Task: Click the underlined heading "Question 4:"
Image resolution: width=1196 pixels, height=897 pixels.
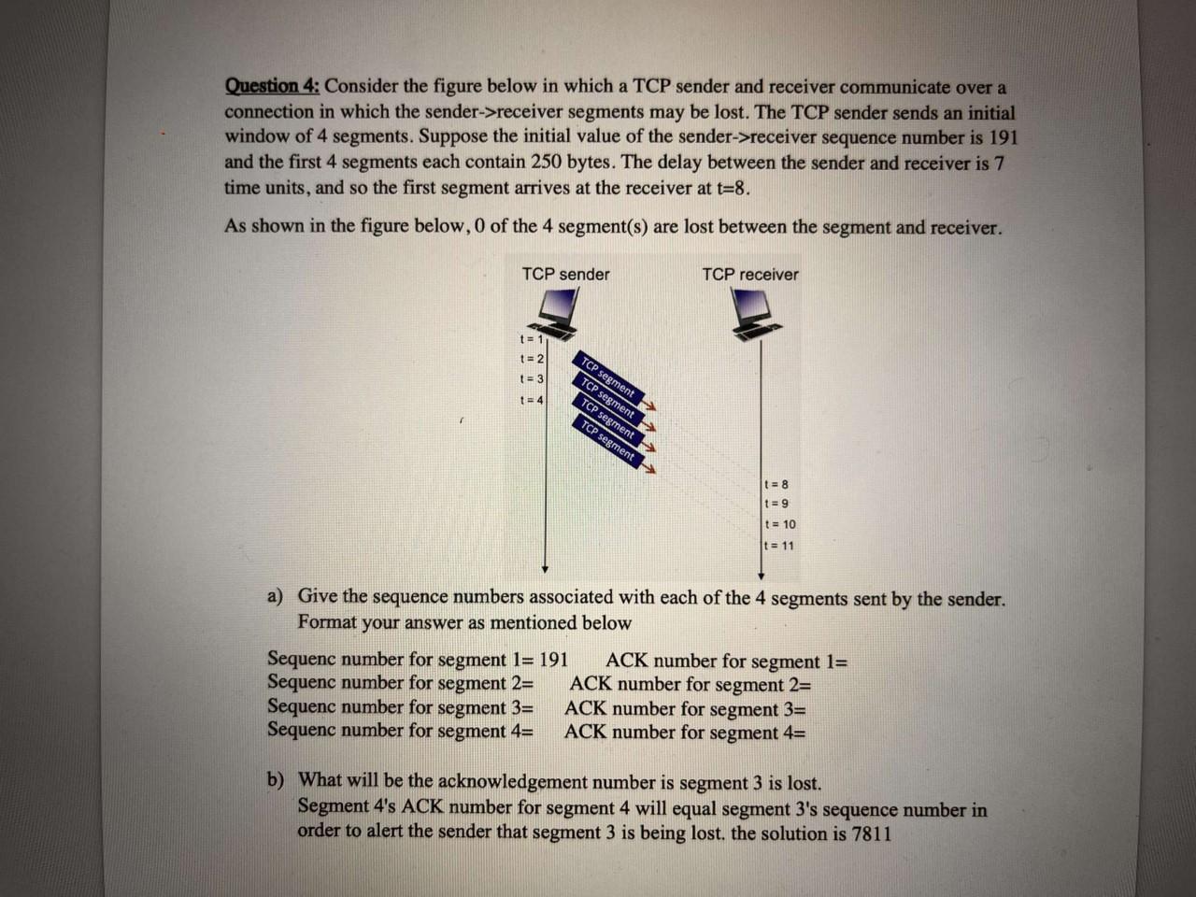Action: click(272, 86)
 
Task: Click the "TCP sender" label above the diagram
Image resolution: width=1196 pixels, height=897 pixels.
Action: click(565, 274)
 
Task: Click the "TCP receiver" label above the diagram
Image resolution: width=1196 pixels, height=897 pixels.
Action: click(749, 275)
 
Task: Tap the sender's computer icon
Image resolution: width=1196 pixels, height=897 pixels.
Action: click(561, 313)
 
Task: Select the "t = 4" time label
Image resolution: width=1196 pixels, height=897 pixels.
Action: click(531, 400)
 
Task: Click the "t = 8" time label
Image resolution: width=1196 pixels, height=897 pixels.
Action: click(776, 484)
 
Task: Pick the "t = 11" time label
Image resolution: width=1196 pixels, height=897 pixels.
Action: click(779, 546)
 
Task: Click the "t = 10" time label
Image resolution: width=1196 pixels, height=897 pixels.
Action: click(780, 525)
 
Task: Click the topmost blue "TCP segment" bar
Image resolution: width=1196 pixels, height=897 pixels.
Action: click(608, 377)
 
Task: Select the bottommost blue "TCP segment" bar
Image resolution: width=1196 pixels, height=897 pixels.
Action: click(608, 442)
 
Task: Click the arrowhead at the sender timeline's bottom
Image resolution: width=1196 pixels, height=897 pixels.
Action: click(546, 568)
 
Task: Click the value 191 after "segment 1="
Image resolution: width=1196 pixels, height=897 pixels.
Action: click(553, 659)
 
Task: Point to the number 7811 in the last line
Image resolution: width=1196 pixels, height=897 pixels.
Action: click(870, 833)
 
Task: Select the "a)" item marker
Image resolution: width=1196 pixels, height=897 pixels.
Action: click(276, 596)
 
